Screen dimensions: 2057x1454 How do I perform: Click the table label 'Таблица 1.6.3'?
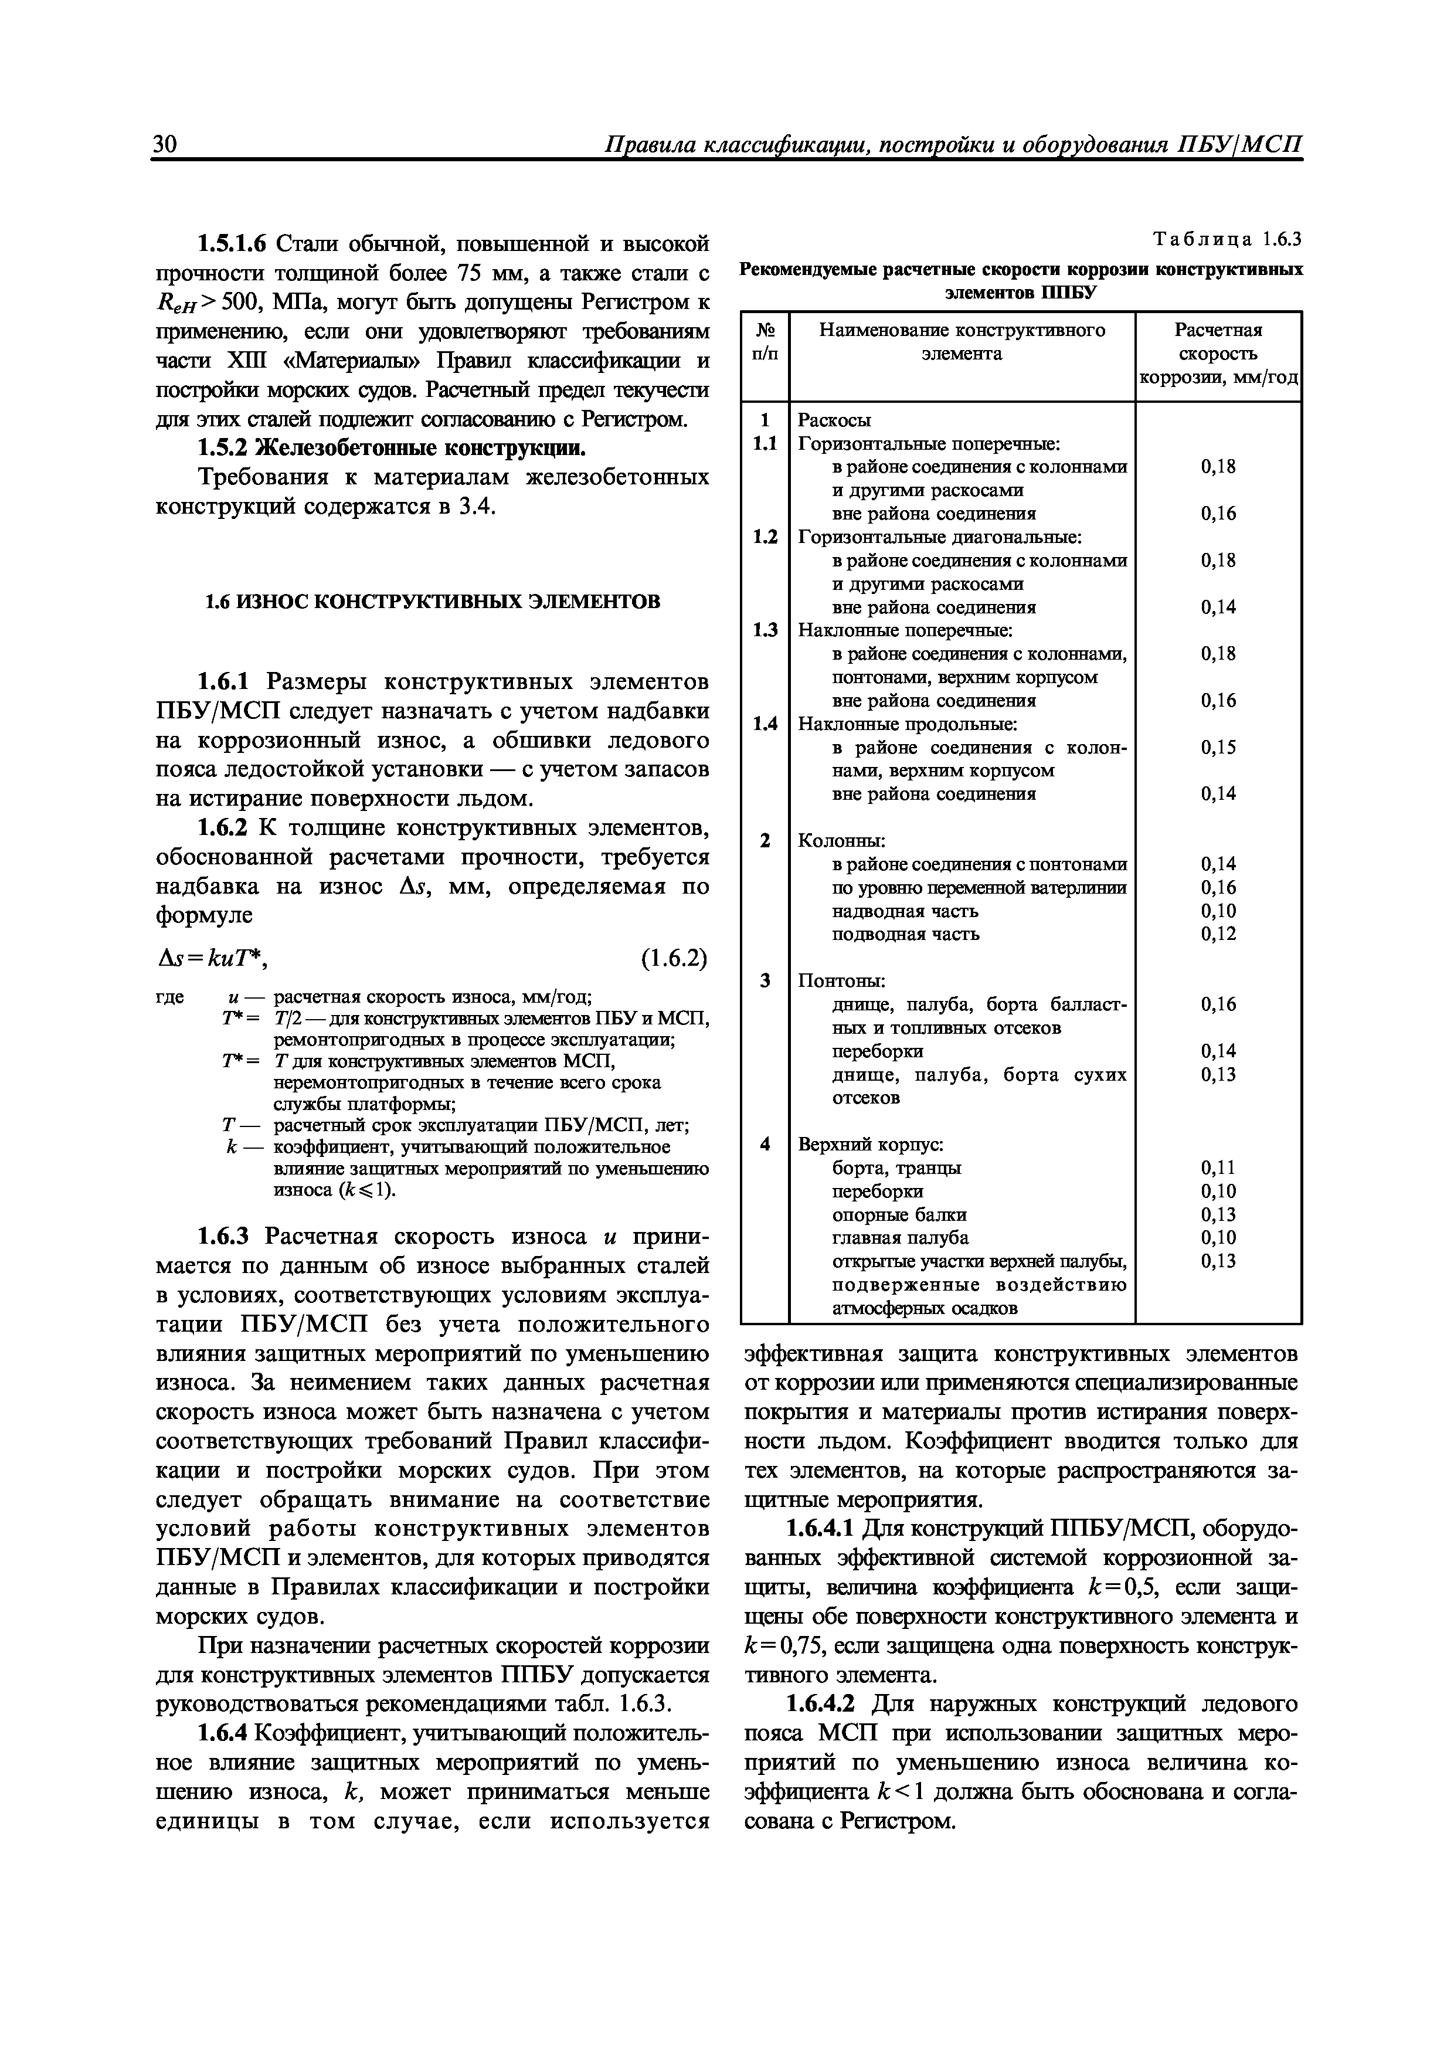(1227, 239)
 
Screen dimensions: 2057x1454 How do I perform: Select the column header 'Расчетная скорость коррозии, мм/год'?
(1218, 354)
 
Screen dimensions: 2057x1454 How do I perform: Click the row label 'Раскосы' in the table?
(834, 420)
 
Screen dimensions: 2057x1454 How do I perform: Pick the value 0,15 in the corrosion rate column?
(1218, 747)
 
